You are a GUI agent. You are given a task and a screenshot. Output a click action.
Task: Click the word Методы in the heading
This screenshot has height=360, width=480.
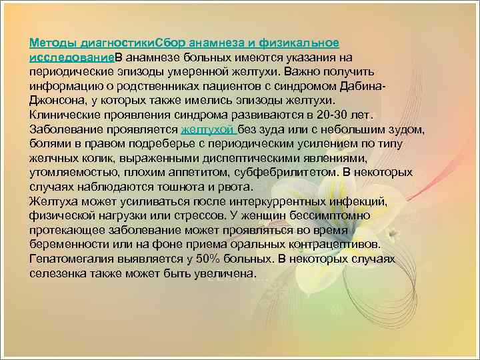tap(53, 43)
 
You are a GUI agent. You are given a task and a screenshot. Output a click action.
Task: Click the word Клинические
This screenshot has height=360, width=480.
tap(66, 113)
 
